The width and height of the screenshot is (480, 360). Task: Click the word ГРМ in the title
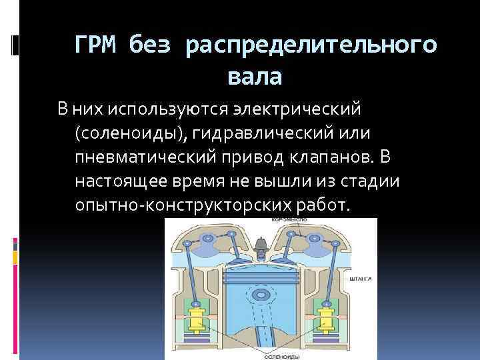click(x=97, y=45)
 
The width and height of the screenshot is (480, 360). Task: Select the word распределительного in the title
click(x=311, y=45)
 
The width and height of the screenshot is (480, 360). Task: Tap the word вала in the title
click(x=254, y=77)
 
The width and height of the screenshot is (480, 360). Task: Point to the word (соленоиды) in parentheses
click(x=134, y=133)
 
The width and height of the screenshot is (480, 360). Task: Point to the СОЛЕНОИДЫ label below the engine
click(x=273, y=355)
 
